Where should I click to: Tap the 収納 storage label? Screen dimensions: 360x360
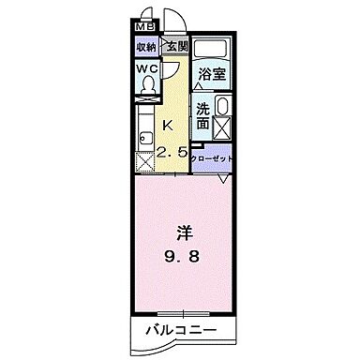pyautogui.click(x=145, y=47)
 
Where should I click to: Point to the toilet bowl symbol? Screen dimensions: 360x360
pyautogui.click(x=146, y=85)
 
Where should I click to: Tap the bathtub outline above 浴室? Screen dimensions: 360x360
pyautogui.click(x=213, y=50)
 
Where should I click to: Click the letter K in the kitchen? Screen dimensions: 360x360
pyautogui.click(x=170, y=126)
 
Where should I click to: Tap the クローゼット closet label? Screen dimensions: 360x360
pyautogui.click(x=211, y=157)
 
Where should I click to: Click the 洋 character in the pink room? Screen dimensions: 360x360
pyautogui.click(x=184, y=230)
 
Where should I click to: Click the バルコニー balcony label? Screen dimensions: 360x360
pyautogui.click(x=180, y=331)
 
